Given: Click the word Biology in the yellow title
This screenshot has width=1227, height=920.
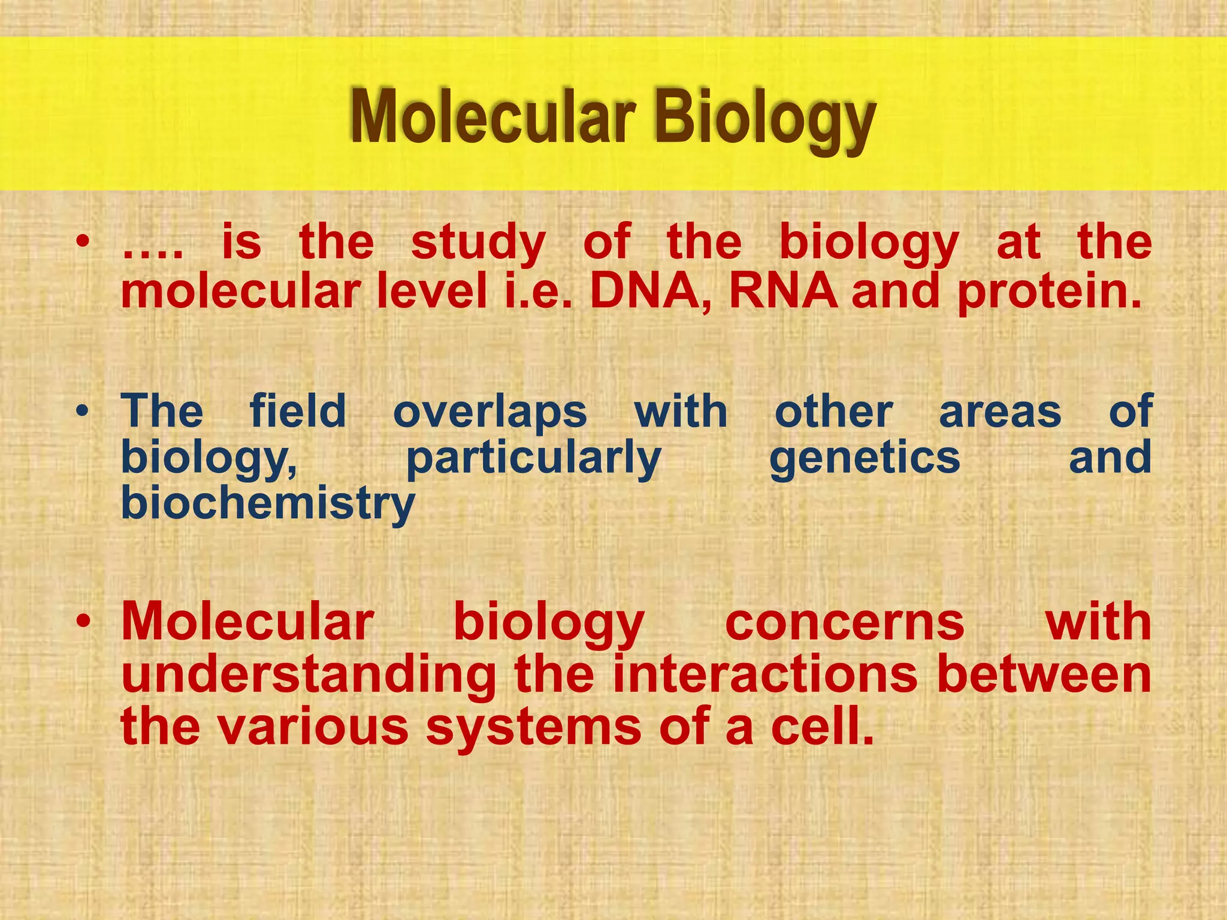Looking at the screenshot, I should pos(765,119).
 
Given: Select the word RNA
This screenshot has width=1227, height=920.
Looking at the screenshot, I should pos(783,292).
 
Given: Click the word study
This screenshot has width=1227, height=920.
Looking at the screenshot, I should pos(478,244).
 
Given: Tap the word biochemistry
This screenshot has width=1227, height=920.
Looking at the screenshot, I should pos(268,504).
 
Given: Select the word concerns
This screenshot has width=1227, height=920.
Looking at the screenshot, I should pos(845,623).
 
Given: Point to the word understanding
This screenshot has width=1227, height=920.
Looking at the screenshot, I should pos(309,676).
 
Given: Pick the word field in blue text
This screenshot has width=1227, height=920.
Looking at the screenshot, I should pos(298,412).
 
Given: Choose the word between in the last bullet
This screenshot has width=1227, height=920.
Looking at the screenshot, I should pos(1044,674).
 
